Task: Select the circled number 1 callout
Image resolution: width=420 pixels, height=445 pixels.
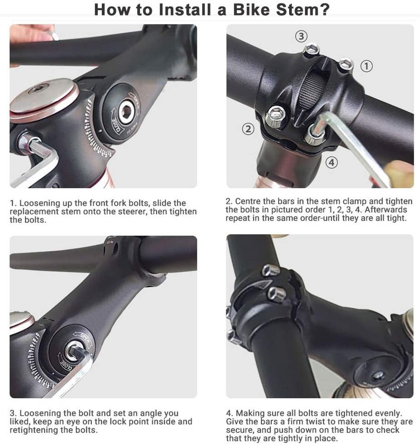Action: coord(366,65)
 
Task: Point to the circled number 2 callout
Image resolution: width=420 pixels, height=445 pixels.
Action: coord(248,129)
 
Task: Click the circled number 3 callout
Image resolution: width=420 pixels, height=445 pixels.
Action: coord(301,36)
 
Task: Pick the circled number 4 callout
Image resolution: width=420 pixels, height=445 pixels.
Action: coord(332,162)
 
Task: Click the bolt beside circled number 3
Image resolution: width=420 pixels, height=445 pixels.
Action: coord(312,49)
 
